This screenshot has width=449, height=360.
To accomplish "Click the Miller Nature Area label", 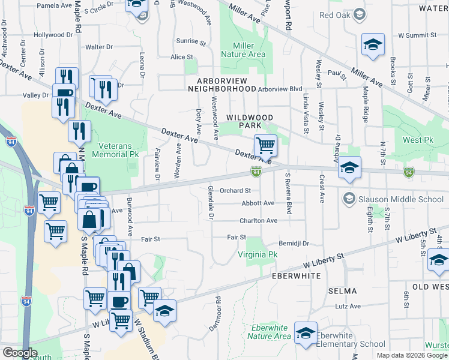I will click(243, 50).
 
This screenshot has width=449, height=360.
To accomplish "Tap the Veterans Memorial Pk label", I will click(115, 149).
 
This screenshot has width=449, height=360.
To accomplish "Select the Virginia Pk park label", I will click(258, 254).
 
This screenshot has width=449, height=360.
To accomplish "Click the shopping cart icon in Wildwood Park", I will click(265, 145).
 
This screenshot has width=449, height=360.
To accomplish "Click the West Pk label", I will click(418, 140).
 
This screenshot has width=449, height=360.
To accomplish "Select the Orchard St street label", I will click(235, 191).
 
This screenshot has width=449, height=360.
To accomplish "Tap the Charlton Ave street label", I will click(258, 221).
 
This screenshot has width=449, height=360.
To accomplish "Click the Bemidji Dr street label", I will click(294, 244).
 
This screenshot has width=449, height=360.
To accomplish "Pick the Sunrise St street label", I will click(191, 41).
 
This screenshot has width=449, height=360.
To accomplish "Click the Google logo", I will click(19, 353).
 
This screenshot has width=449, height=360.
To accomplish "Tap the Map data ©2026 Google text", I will click(412, 355).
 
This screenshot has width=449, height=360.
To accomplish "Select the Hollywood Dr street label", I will click(53, 35).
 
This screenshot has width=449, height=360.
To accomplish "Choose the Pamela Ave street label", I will click(54, 5).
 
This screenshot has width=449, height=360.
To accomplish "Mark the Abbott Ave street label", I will click(258, 203).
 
